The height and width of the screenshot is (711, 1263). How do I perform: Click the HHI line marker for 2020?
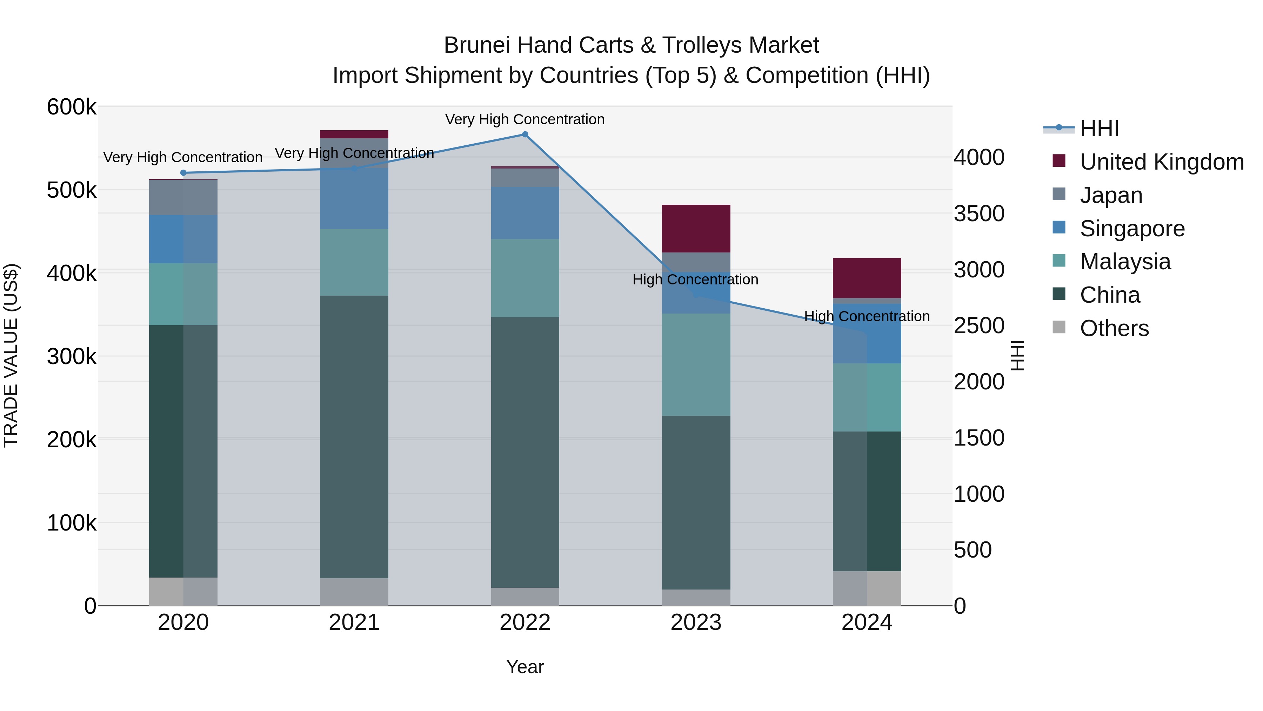point(183,173)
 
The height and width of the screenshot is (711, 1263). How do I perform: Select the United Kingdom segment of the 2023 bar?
point(696,229)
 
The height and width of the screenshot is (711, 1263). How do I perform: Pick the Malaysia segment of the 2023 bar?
point(696,364)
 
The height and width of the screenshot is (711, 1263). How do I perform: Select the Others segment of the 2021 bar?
point(354,591)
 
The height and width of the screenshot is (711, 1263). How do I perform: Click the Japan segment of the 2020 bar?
point(183,197)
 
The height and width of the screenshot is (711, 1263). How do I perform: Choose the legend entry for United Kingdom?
point(1161,162)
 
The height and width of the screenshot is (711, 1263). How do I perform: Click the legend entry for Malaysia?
point(1125,262)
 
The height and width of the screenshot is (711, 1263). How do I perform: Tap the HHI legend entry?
point(1099,129)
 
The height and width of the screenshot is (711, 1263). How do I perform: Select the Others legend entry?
point(1114,328)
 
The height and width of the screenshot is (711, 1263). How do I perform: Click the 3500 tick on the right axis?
point(978,214)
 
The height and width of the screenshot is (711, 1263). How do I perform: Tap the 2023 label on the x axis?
point(696,623)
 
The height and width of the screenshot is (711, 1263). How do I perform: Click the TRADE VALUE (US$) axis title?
point(11,355)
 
